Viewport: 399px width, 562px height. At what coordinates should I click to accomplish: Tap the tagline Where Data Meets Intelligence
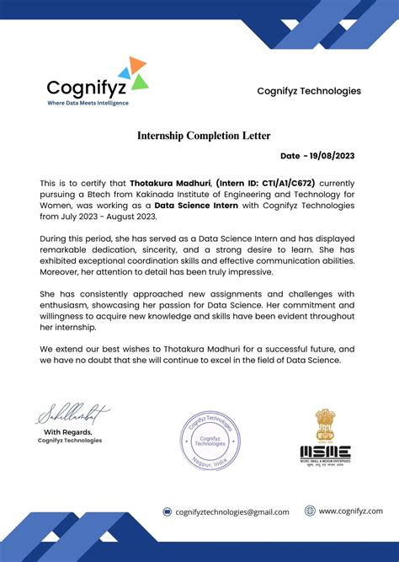(x=88, y=103)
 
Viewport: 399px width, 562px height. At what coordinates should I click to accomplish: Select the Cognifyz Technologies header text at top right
(x=309, y=91)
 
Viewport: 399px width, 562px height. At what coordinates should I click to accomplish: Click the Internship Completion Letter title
(x=199, y=135)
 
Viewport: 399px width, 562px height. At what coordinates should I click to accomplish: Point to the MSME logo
(x=325, y=451)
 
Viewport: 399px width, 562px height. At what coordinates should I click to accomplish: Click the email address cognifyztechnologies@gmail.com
(x=231, y=511)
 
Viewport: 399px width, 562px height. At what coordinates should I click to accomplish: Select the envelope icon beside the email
(x=168, y=511)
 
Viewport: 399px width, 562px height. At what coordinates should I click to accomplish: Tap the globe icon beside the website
(x=310, y=511)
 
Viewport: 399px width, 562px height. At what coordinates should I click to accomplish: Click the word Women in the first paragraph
(x=56, y=205)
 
